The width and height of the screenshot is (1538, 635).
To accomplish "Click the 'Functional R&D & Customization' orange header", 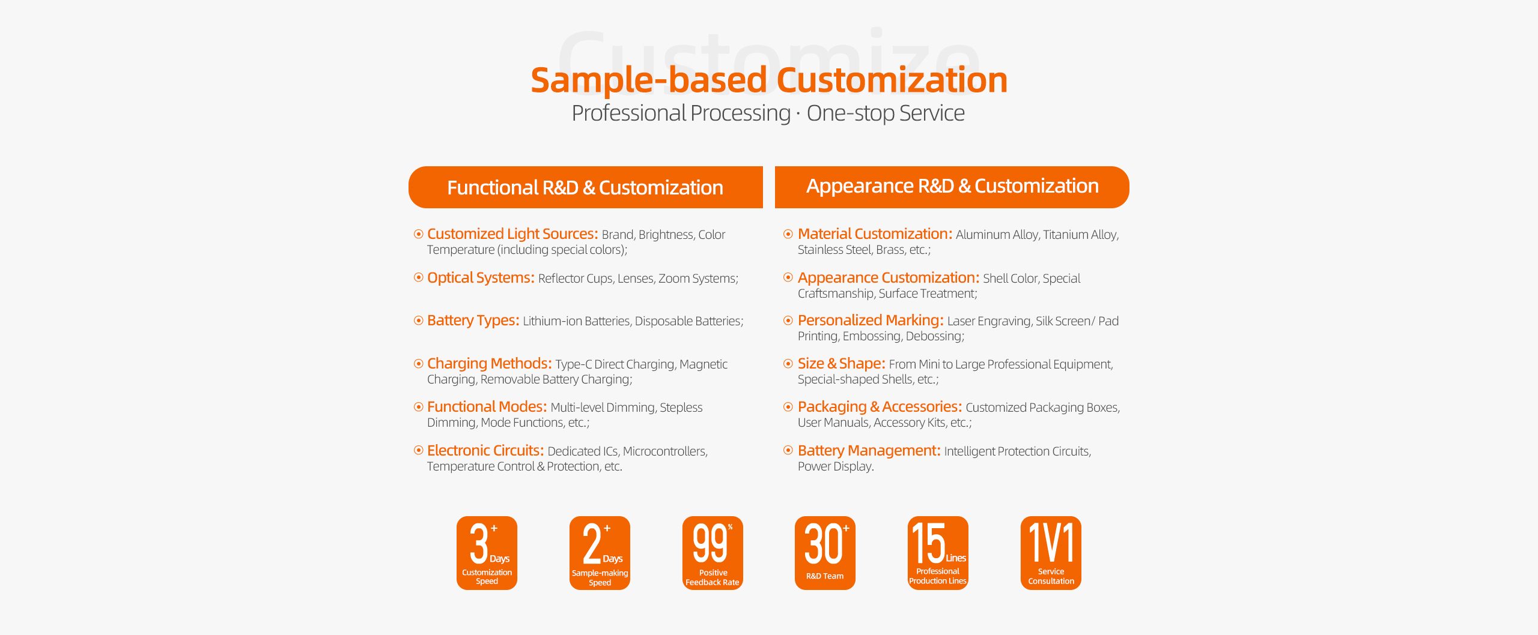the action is tap(585, 187).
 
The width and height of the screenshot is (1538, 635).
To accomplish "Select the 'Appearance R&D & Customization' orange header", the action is tap(952, 187).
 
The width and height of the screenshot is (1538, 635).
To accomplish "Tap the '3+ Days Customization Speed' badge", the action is tap(487, 553).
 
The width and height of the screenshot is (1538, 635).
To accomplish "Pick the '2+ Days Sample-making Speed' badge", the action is tap(600, 553).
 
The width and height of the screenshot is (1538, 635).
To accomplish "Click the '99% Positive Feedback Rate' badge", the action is tap(713, 553).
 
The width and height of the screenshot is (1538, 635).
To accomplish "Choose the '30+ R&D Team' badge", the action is tap(825, 553).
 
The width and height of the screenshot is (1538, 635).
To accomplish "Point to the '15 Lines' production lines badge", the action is tap(938, 553).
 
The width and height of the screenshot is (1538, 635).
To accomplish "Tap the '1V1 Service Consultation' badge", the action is tap(1051, 553).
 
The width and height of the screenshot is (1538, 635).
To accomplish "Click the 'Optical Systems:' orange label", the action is tap(481, 278).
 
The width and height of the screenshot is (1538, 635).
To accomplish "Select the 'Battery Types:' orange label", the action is tap(473, 321).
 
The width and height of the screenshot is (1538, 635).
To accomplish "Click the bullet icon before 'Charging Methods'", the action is tap(419, 364).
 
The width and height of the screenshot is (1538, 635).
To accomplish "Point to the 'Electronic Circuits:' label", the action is tap(485, 451).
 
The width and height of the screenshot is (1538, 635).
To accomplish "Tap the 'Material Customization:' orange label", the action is tap(875, 234).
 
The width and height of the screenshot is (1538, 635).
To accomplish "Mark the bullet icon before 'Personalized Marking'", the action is tap(788, 321).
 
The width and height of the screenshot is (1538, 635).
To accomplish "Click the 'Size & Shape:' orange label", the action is tap(842, 364).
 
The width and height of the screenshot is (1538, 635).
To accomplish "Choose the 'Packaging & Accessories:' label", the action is tap(880, 407).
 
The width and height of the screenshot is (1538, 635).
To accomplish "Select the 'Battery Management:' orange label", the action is tap(869, 451).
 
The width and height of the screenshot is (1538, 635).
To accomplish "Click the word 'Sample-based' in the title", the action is tap(649, 80).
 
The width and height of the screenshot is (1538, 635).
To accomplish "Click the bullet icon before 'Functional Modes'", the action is tap(419, 407).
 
